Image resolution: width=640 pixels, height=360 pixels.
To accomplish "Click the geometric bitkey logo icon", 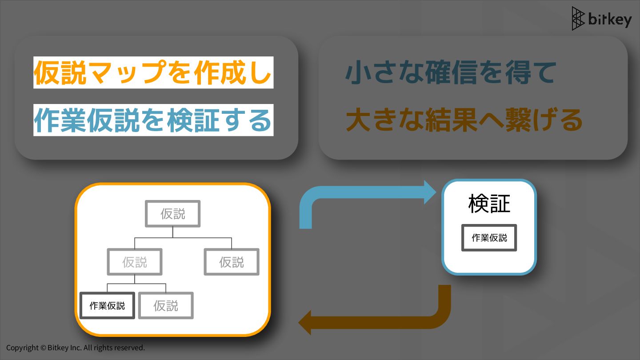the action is [578, 19].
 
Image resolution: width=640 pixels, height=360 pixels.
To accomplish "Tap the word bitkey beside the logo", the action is [609, 20].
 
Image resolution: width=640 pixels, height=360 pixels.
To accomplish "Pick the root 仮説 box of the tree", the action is [173, 214].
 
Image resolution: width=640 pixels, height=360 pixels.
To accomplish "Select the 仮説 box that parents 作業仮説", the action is [135, 262].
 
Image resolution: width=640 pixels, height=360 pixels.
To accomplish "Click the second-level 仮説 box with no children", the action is [232, 262].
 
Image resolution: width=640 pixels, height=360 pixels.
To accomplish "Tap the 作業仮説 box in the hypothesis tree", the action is [107, 305].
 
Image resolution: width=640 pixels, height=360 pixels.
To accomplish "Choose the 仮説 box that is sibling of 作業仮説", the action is [166, 305].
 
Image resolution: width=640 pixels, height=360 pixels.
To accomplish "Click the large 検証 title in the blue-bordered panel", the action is [489, 204].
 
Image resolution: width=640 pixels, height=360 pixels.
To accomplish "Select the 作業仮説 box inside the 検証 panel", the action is [489, 238].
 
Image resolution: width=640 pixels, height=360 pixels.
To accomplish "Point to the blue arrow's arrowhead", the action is [430, 192].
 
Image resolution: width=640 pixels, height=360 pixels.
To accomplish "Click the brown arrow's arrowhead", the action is [305, 322].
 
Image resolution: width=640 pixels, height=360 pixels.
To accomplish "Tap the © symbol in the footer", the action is [43, 348].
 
